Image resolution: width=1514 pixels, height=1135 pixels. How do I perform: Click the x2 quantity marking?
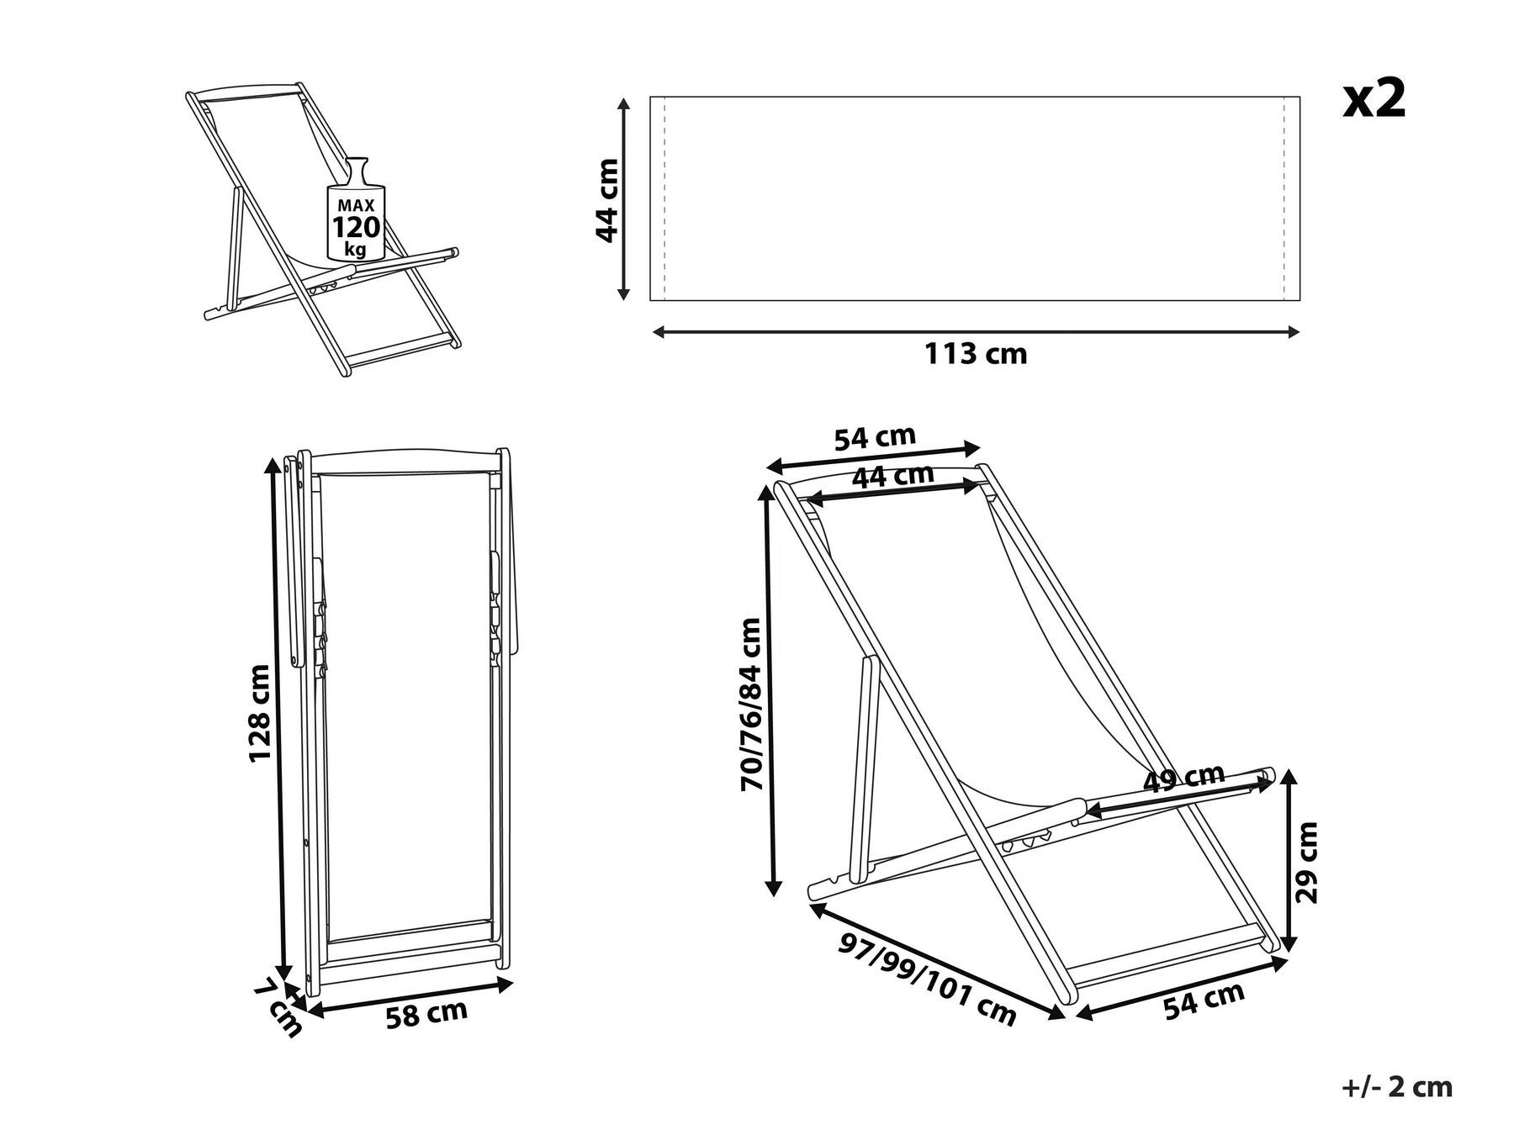(x=1374, y=101)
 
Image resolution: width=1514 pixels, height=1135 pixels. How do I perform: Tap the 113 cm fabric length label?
(x=976, y=354)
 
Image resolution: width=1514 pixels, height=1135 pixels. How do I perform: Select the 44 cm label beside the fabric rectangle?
(x=607, y=200)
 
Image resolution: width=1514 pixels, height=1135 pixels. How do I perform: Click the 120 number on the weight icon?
(x=356, y=228)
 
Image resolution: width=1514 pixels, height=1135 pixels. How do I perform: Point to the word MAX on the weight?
(x=356, y=205)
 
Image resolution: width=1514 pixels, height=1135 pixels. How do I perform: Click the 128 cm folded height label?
(x=260, y=713)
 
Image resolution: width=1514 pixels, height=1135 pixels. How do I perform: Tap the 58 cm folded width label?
(x=426, y=1014)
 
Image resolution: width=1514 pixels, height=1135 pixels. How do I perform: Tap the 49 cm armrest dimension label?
(x=1184, y=779)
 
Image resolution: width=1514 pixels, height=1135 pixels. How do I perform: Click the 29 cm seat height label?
(x=1306, y=862)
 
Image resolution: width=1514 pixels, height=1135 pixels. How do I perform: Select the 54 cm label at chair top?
(x=874, y=438)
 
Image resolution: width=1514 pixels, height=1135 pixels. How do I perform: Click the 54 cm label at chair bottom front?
(x=1204, y=1000)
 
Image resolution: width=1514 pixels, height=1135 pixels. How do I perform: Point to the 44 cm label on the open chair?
(x=892, y=477)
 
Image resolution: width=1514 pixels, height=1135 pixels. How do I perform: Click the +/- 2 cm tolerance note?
(x=1396, y=1086)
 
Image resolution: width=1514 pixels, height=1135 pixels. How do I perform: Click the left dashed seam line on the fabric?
(x=664, y=198)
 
